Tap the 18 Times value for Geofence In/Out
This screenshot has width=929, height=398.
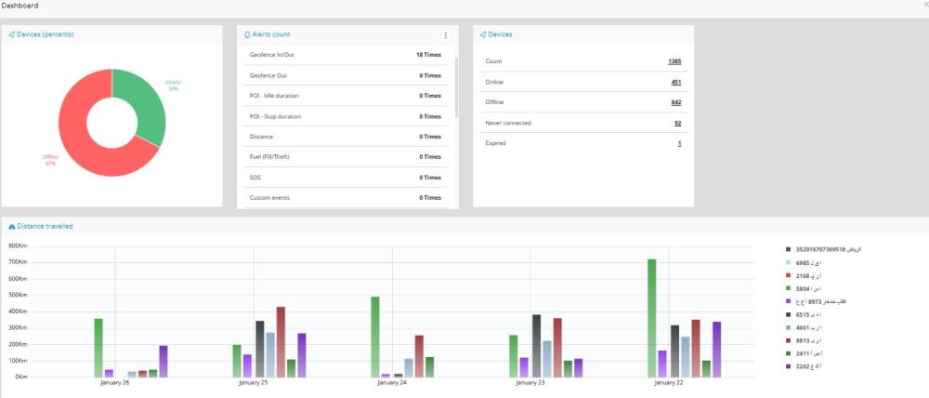(427, 55)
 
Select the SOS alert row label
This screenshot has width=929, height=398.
(255, 177)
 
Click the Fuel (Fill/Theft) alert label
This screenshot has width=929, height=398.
(270, 156)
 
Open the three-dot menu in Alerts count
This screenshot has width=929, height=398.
(445, 34)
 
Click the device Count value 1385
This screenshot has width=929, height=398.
(674, 61)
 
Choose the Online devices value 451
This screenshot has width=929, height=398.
(676, 82)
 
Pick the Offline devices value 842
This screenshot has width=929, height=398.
(676, 102)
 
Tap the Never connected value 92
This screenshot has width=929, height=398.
(678, 123)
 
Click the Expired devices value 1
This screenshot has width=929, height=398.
(680, 143)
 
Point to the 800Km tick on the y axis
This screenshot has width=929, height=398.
(18, 246)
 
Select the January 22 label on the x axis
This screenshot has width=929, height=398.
(669, 382)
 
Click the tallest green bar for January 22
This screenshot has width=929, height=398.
(651, 316)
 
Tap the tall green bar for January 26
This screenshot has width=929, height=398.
(98, 347)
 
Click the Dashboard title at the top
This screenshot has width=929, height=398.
(20, 6)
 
